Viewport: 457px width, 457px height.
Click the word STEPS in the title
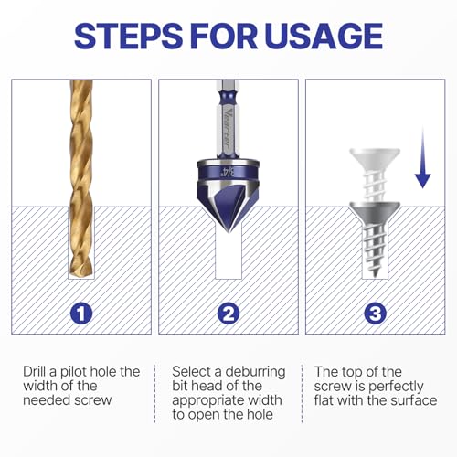click(128, 36)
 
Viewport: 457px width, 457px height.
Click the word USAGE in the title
click(324, 36)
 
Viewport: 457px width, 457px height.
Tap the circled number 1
click(81, 313)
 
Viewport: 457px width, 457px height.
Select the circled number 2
click(228, 313)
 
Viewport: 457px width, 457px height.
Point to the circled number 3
click(376, 313)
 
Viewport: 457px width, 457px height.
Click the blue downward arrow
click(423, 157)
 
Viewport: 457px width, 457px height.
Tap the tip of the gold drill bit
click(81, 274)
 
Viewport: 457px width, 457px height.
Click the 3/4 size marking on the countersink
click(228, 173)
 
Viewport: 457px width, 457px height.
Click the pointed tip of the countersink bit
click(228, 232)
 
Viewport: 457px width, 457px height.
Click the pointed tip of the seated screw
click(375, 276)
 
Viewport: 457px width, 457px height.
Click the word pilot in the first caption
click(74, 372)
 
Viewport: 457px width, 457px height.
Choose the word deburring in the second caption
click(255, 372)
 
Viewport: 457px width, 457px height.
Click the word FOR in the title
click(225, 36)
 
